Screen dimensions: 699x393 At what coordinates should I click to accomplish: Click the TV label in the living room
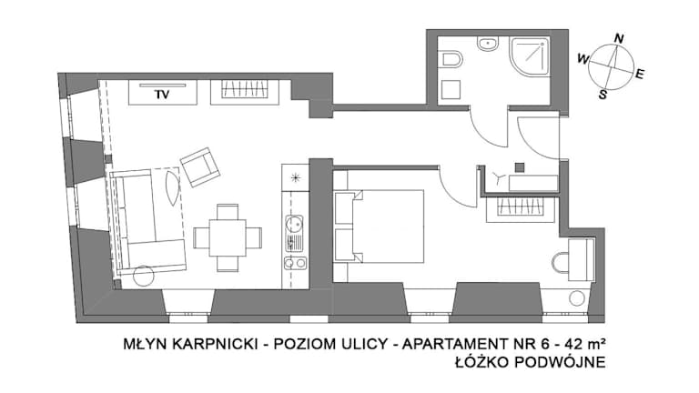[x=162, y=95]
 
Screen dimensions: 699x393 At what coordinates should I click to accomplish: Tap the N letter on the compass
[x=618, y=39]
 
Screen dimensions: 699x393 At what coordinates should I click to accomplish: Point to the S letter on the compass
[x=603, y=94]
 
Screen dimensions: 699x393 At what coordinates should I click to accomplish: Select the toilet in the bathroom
[x=451, y=59]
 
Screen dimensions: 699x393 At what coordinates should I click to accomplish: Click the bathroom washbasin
[x=489, y=44]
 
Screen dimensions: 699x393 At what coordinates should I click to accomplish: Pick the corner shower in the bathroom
[x=530, y=57]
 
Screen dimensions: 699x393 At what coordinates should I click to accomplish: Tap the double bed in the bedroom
[x=379, y=226]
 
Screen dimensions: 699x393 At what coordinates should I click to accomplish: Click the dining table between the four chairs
[x=228, y=237]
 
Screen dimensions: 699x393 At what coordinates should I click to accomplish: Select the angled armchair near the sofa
[x=200, y=166]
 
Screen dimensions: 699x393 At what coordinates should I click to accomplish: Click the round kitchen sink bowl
[x=294, y=222]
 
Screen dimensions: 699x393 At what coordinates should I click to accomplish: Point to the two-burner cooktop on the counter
[x=295, y=263]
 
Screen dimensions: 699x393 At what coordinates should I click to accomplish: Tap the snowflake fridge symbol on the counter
[x=295, y=178]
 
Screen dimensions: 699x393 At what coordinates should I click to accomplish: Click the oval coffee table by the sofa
[x=172, y=187]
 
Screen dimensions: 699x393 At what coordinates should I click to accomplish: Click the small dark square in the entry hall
[x=520, y=167]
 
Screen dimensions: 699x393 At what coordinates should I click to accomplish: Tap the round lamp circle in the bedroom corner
[x=577, y=298]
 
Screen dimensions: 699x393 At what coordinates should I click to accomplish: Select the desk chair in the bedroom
[x=561, y=263]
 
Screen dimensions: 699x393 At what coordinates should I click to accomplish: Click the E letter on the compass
[x=640, y=74]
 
